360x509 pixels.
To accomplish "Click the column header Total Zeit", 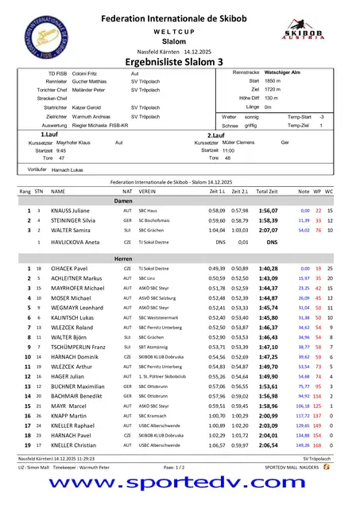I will point(268,192).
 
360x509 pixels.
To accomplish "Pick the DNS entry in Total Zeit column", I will point(271,241).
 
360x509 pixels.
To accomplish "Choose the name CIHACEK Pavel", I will point(69,269).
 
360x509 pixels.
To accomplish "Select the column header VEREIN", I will point(147,192).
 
